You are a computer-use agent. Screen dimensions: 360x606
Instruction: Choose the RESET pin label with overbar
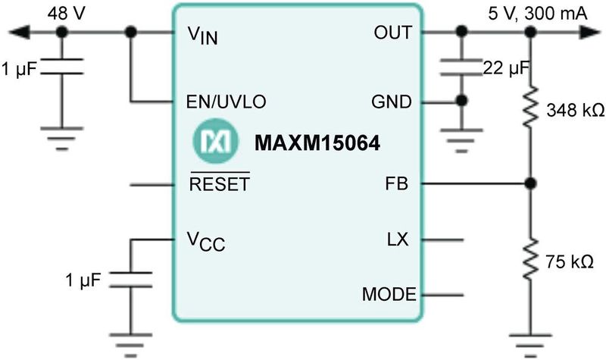click(x=220, y=184)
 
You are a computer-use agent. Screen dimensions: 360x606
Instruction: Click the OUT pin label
click(x=392, y=33)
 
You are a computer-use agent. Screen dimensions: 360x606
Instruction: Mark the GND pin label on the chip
click(x=392, y=101)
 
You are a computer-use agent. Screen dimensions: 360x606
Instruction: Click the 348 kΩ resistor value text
click(x=573, y=111)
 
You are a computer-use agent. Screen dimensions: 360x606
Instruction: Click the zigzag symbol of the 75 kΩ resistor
click(x=531, y=258)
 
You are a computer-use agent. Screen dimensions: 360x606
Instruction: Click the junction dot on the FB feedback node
click(x=531, y=183)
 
